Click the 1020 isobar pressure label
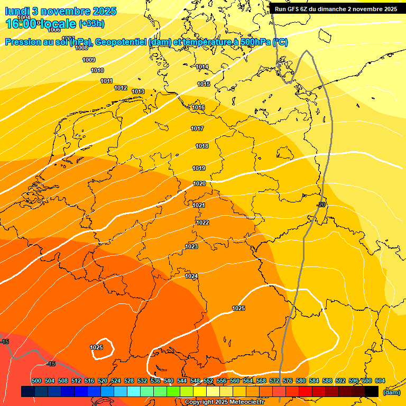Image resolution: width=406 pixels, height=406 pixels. pos(199,184)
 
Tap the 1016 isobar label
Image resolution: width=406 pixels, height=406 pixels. pos(198,108)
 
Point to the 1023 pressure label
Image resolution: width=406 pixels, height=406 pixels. pos(191,247)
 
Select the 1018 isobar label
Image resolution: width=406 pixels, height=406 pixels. pos(202,146)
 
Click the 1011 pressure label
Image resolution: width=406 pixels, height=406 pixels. pos(107,81)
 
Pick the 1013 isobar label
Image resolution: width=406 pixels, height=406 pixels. pos(139,92)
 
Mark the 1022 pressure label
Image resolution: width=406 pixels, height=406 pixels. pos(203,223)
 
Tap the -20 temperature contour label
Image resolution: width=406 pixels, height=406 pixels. pos(321,205)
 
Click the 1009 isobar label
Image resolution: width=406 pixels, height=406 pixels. pos(89,60)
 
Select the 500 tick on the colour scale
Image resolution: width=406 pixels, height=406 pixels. pos(36,381)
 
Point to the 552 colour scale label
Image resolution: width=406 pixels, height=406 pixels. pos(208,381)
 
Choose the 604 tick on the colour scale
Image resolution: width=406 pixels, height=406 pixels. pos(380,381)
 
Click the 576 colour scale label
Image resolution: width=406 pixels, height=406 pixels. pos(288,381)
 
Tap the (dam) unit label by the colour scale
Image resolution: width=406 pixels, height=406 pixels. pos(391,392)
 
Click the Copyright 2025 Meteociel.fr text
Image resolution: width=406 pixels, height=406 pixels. pos(224,402)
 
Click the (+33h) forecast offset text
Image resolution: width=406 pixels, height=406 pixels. pos(91,24)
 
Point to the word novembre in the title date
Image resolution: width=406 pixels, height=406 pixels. pos(69,11)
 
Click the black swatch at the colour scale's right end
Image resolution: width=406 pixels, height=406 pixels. pos(372,391)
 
